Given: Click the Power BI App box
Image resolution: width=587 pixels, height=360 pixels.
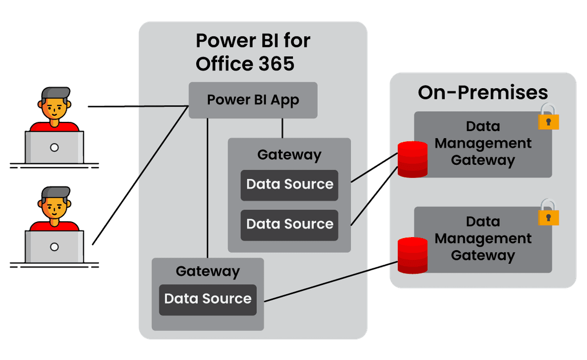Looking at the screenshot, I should point(253,100).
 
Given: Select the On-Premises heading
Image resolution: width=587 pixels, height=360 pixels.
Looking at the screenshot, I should point(483,92).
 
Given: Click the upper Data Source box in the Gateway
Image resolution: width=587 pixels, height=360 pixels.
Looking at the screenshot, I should point(290,185).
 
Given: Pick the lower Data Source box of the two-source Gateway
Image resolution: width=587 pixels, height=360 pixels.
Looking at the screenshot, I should point(290,225).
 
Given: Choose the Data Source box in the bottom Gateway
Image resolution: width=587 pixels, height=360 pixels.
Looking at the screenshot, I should point(208,299).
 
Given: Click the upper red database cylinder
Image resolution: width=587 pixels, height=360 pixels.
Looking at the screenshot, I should point(413,159).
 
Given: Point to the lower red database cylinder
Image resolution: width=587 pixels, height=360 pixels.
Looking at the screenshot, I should point(413,255).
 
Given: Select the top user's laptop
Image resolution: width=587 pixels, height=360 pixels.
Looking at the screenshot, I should point(54,147).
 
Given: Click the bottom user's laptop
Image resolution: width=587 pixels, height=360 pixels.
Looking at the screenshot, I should point(54,247).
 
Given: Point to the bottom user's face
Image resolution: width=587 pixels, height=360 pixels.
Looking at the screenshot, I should point(54,207).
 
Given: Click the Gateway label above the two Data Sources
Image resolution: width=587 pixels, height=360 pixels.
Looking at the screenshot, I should point(289,155).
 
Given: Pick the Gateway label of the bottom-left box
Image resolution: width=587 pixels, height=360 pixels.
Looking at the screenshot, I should point(208,271).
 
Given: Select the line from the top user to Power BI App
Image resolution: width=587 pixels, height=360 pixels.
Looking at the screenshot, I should point(136,107).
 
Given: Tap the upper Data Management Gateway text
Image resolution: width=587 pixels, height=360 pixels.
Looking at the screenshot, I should point(483,144).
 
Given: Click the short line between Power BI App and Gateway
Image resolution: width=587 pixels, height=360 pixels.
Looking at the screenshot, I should point(282,128).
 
